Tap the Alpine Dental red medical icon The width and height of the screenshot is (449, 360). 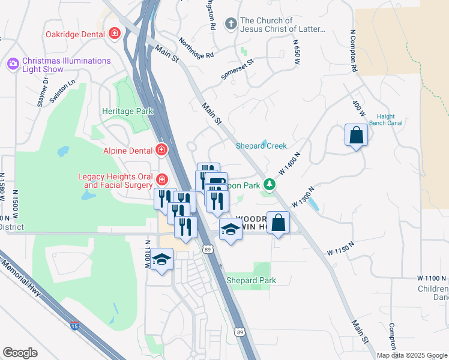click(161, 149)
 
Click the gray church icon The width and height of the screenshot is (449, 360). click(230, 24)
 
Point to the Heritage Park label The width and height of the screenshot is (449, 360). click(127, 111)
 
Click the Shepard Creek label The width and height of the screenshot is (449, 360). click(261, 146)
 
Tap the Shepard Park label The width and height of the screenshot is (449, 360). click(251, 280)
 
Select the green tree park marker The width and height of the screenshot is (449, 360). click(270, 185)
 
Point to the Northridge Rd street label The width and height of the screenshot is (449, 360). click(196, 49)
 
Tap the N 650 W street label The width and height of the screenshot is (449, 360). click(296, 52)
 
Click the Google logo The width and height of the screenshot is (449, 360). click(20, 353)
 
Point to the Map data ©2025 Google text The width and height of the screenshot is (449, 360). click(411, 355)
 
